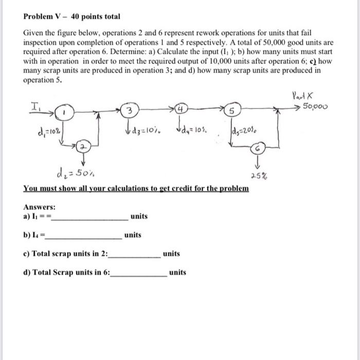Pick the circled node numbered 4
click(x=182, y=109)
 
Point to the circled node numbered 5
click(x=232, y=111)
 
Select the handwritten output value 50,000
click(x=317, y=106)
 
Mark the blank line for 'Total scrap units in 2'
click(x=134, y=255)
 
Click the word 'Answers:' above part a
click(x=40, y=207)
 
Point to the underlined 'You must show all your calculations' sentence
click(x=136, y=188)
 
